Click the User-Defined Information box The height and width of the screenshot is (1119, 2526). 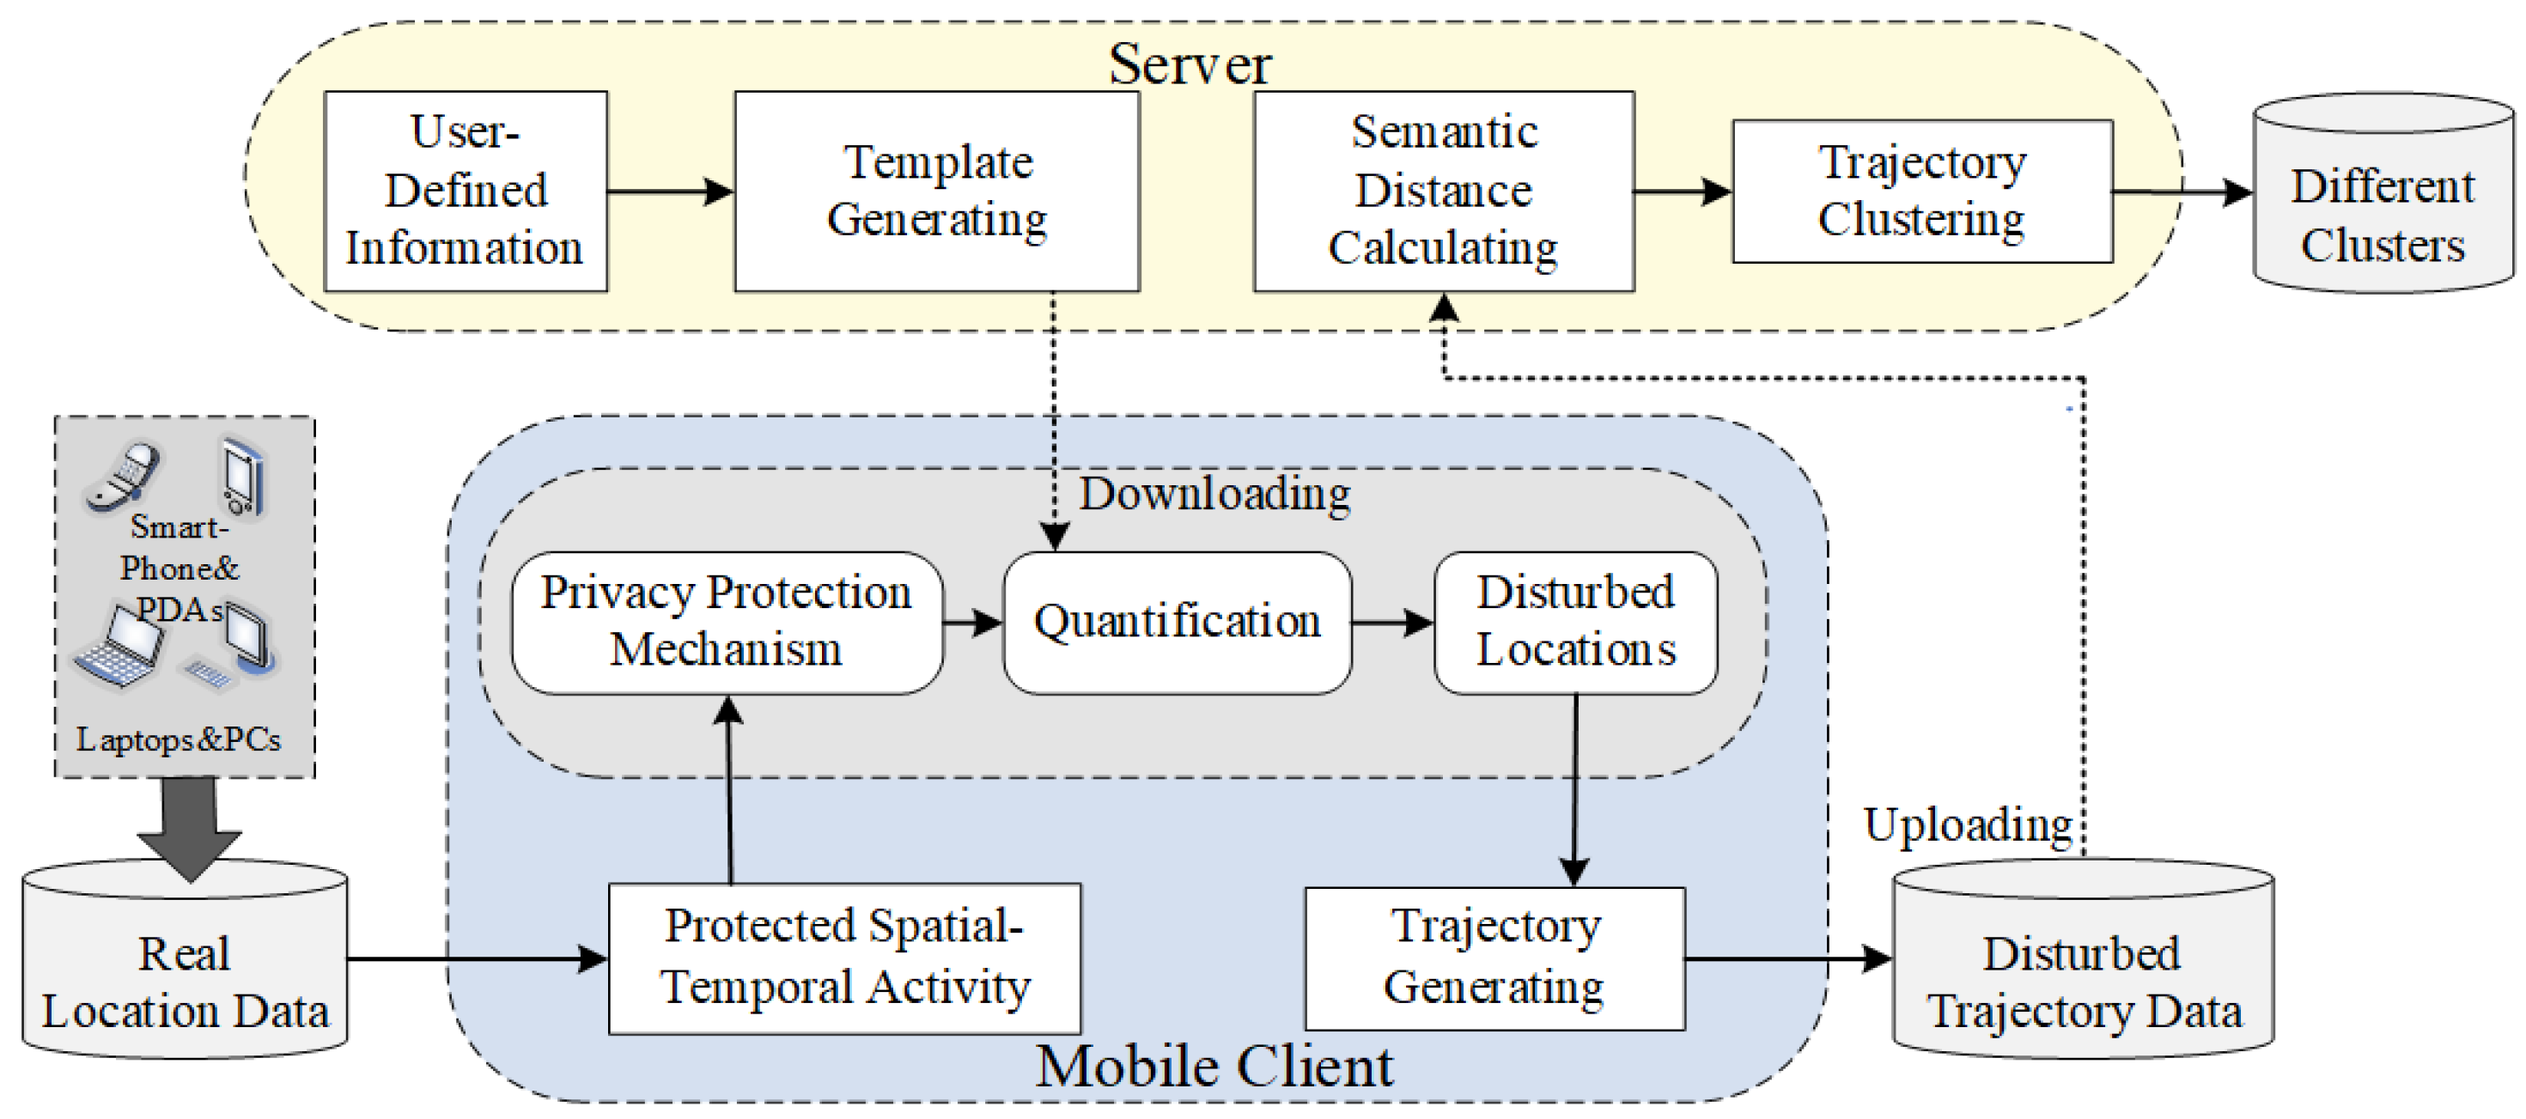465,191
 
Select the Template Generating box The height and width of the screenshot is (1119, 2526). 936,191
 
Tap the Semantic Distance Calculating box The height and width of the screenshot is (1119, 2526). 1444,191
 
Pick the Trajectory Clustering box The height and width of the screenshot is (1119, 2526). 1922,191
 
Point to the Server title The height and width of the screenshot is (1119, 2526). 1190,64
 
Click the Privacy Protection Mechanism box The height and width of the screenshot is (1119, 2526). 727,622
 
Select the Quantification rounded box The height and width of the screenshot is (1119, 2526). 1177,622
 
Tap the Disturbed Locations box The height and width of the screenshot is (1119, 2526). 1575,622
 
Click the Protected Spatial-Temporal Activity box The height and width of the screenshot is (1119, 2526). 844,958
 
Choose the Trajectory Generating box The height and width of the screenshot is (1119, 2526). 1494,958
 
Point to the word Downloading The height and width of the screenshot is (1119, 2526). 1214,493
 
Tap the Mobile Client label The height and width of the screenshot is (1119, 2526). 1214,1067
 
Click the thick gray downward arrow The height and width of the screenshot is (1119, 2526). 188,824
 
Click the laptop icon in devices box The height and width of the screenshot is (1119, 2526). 119,648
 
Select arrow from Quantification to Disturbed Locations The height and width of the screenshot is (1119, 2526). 1391,622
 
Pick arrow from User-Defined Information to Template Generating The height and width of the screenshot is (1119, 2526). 670,191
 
